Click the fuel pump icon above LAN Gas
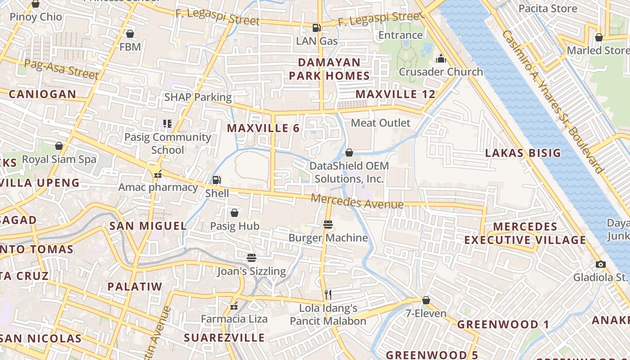tap(317, 28)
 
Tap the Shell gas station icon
tap(216, 180)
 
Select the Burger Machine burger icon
tap(328, 225)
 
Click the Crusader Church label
tap(441, 72)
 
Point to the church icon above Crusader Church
tap(441, 59)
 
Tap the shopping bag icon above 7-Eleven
tap(426, 300)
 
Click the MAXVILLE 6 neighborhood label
tap(263, 128)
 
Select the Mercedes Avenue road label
tap(357, 201)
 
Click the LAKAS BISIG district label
tap(523, 153)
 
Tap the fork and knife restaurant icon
tap(328, 295)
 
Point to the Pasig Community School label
tap(167, 143)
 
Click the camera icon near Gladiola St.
tap(600, 264)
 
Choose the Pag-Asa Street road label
tap(61, 69)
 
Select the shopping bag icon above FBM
tap(130, 34)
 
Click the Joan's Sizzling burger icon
tap(252, 258)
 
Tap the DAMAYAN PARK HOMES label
tap(329, 69)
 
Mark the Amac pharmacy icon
tap(158, 174)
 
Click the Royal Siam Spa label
tap(59, 159)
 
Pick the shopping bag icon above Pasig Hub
tap(234, 213)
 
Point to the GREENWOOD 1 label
tap(503, 324)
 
